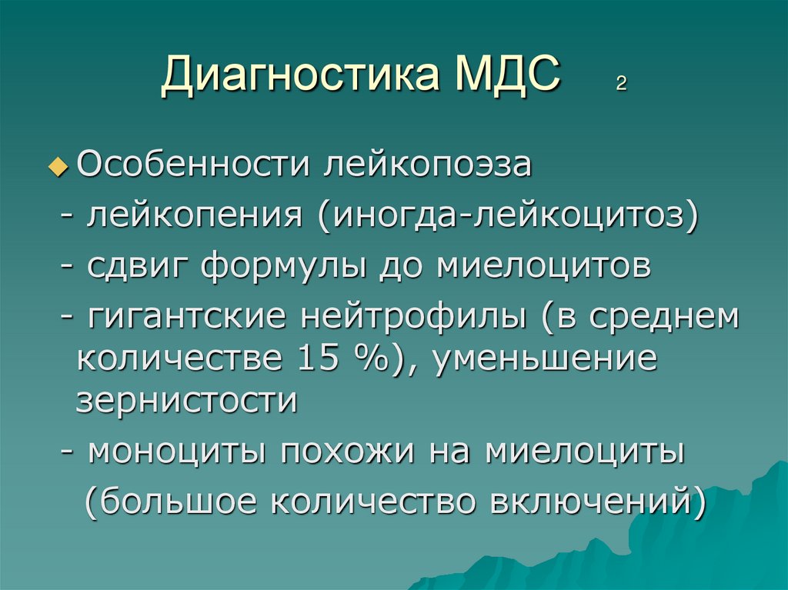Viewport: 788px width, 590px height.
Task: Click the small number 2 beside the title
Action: click(x=620, y=84)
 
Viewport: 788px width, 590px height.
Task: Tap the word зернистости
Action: click(x=186, y=402)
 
